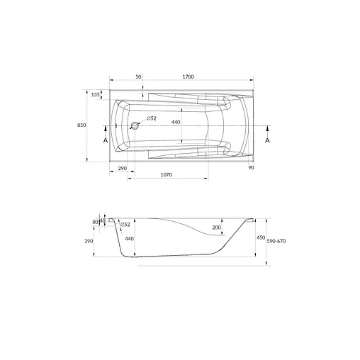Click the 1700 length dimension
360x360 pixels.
189,77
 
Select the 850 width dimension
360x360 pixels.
81,125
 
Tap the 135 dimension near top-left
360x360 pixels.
95,95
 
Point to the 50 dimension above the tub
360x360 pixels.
138,77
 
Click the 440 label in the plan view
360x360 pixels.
176,122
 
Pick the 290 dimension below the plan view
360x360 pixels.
123,169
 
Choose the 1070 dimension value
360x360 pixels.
167,175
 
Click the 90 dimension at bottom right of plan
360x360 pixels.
251,167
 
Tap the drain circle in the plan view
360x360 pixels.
135,125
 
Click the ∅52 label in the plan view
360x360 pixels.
152,118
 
